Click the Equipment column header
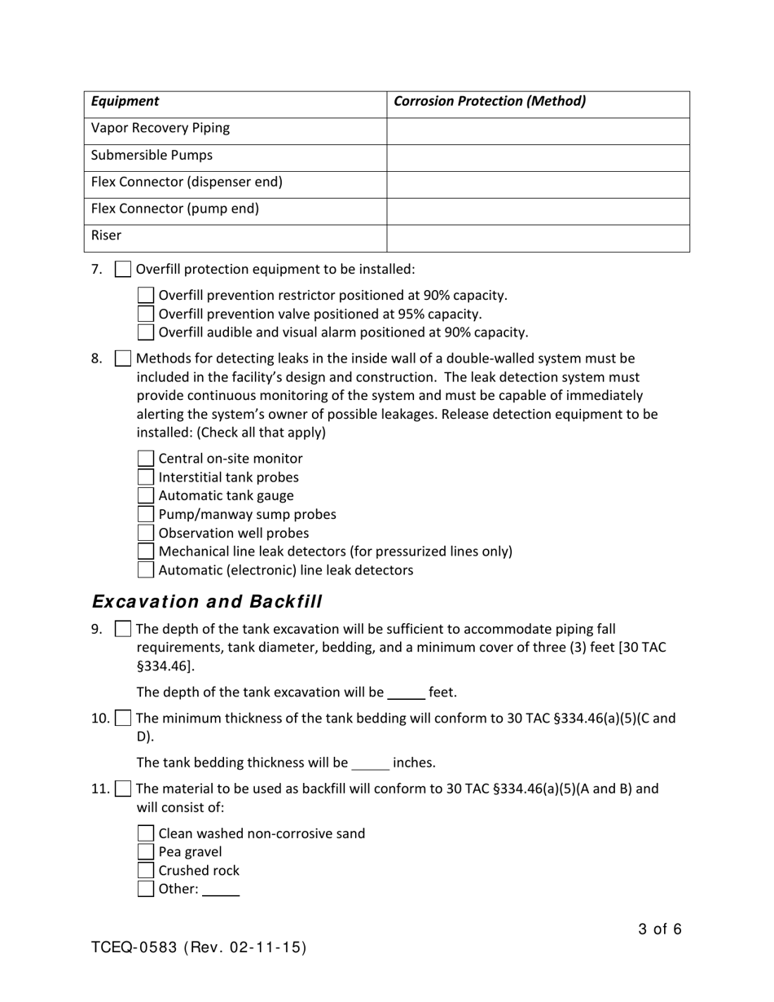125,102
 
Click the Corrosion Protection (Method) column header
490,102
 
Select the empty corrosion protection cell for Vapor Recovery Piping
538,130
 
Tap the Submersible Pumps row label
152,156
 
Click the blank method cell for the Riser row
538,238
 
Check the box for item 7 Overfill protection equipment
123,270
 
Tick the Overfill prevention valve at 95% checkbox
146,314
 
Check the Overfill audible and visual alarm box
146,332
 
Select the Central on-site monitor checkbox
146,459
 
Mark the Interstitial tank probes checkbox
146,477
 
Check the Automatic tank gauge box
146,496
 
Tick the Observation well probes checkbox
146,534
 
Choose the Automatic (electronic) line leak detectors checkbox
146,570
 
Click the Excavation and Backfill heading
207,602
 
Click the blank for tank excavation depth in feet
406,693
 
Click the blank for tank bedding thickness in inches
370,763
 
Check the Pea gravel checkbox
146,852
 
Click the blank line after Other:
221,890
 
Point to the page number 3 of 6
660,929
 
